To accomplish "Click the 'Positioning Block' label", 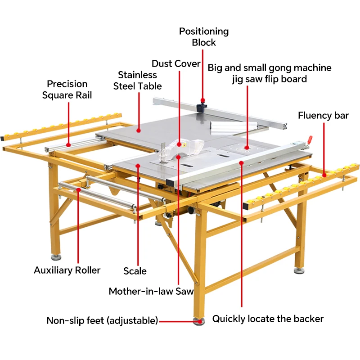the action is pyautogui.click(x=204, y=37).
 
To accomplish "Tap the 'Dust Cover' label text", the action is pyautogui.click(x=176, y=63).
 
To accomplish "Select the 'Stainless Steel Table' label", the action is pyautogui.click(x=137, y=80).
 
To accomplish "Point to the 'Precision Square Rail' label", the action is pyautogui.click(x=67, y=89).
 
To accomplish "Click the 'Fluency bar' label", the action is pyautogui.click(x=323, y=116).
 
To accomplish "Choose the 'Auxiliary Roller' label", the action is pyautogui.click(x=67, y=270).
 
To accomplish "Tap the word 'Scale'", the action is pyautogui.click(x=135, y=271).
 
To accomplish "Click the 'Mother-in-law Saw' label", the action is pyautogui.click(x=151, y=291).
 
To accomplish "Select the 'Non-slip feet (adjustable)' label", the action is pyautogui.click(x=103, y=321).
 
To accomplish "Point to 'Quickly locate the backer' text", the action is pyautogui.click(x=268, y=319).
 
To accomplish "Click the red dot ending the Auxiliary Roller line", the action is pyautogui.click(x=78, y=190).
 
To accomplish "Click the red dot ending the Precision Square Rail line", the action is pyautogui.click(x=68, y=144).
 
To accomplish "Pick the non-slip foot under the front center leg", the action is pyautogui.click(x=198, y=321).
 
